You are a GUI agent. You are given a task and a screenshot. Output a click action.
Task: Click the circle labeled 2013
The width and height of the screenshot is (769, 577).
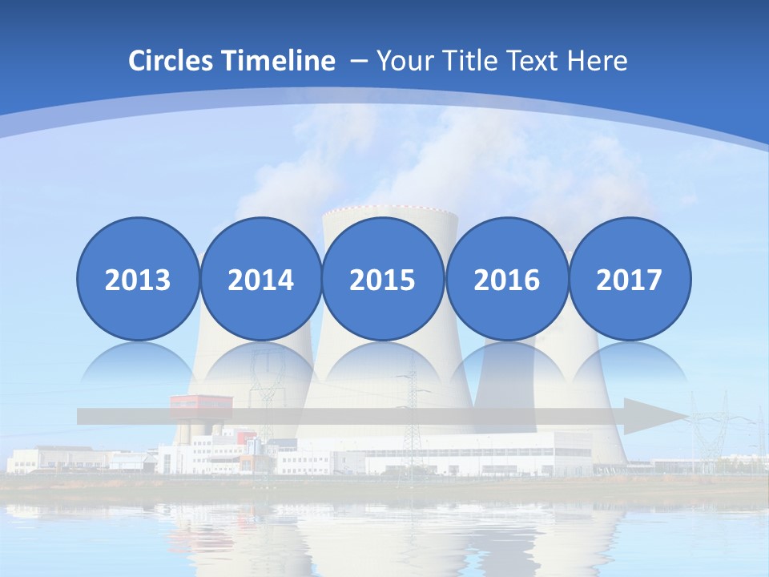point(138,280)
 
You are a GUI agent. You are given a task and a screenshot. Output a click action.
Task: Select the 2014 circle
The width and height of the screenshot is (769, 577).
point(260,280)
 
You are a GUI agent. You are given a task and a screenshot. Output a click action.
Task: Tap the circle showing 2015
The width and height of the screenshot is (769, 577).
point(383,280)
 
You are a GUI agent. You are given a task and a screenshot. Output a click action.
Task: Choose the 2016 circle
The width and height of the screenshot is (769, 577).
point(506,280)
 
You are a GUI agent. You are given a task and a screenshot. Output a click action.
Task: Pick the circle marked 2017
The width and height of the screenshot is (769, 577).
point(629,280)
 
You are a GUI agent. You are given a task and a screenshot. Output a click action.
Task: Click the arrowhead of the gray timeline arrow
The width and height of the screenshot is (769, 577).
point(653,416)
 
